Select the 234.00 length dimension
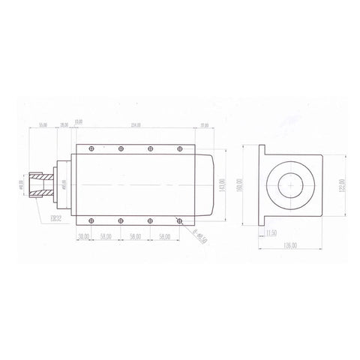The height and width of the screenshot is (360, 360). click(135, 124)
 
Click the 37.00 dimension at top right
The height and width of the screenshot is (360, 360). click(205, 124)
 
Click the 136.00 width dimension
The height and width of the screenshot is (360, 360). click(289, 244)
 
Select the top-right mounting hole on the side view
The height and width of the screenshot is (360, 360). click(179, 147)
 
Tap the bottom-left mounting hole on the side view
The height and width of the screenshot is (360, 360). click(89, 220)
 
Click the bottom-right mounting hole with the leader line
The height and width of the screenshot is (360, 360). click(179, 220)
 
